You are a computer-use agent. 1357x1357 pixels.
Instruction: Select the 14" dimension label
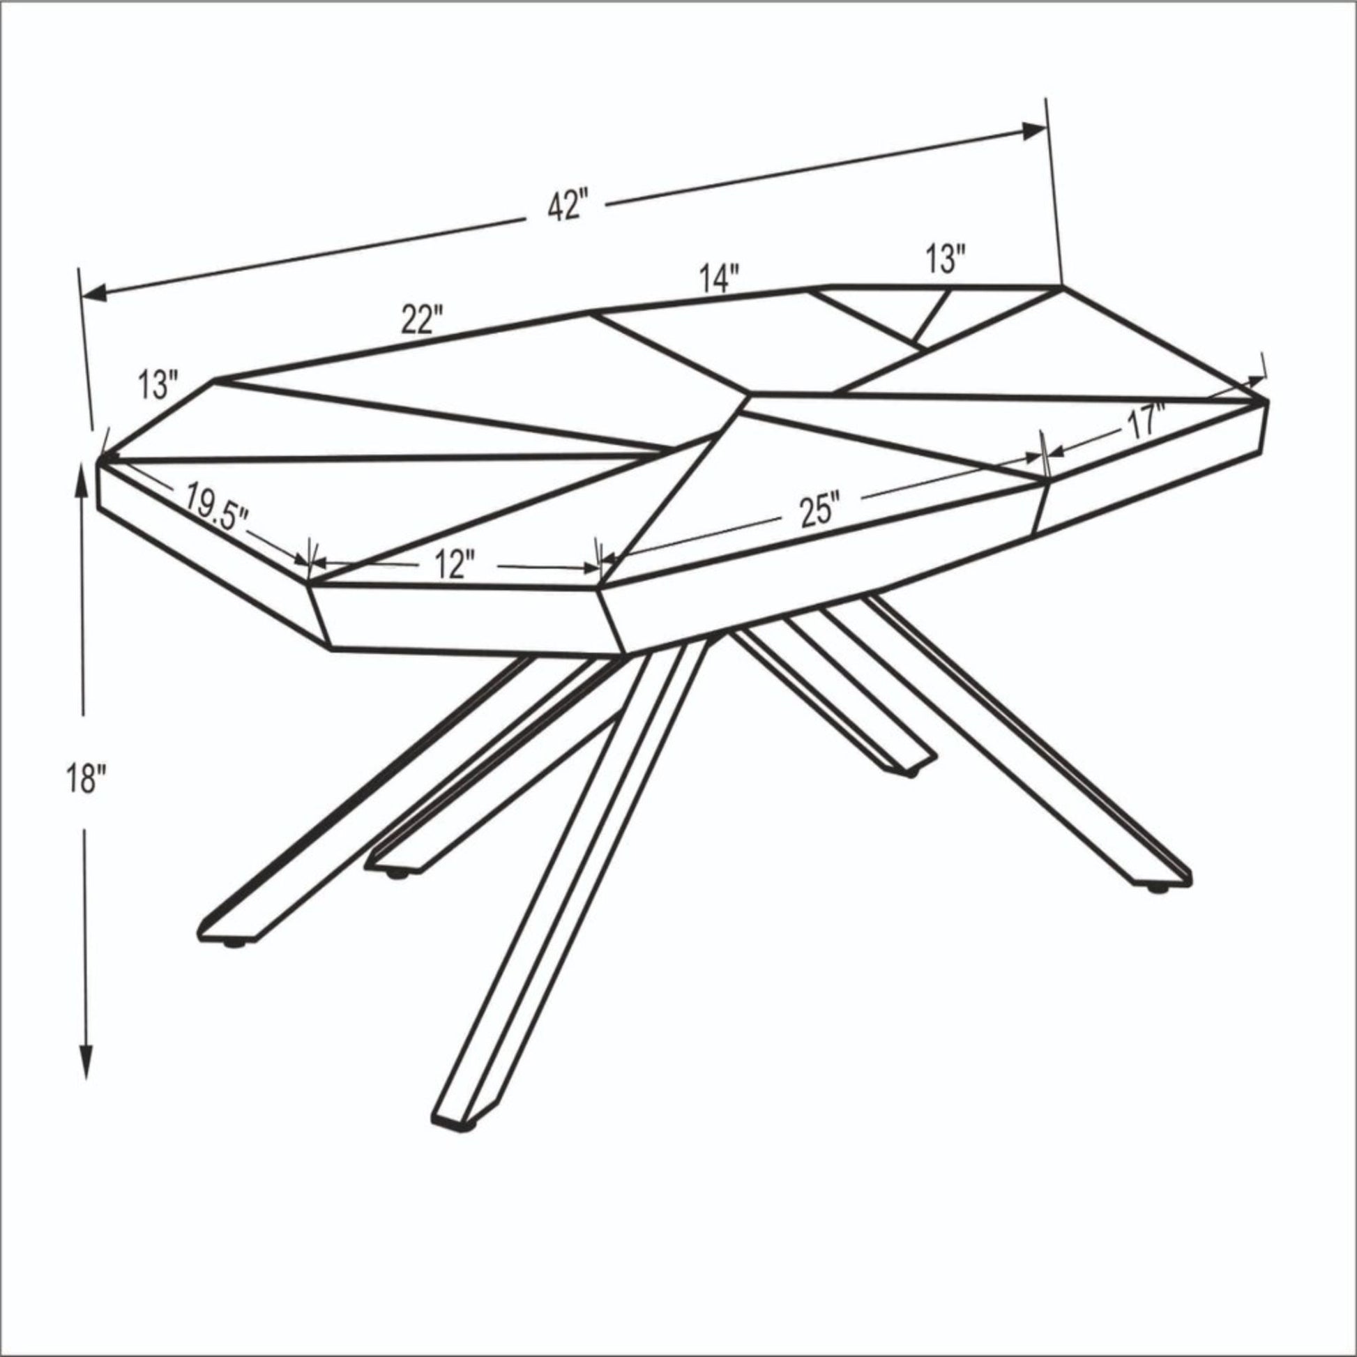(720, 278)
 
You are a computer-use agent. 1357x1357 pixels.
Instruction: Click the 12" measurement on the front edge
(453, 565)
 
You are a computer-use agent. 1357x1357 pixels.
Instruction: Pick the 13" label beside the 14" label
(946, 260)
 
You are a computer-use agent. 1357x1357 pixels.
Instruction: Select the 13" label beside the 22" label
(159, 385)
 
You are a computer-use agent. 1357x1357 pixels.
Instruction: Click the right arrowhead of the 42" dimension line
(1034, 131)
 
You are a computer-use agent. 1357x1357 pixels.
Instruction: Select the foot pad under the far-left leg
(233, 943)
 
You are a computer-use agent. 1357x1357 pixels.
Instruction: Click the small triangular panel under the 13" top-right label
(885, 312)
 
